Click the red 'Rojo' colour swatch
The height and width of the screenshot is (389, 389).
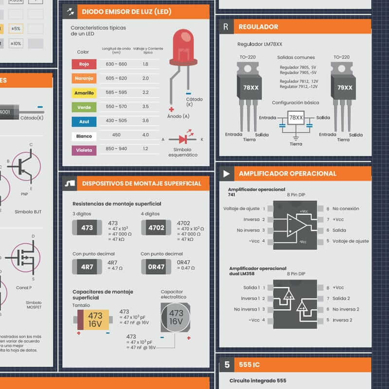pyautogui.click(x=84, y=64)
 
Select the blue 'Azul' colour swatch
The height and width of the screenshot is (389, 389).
pyautogui.click(x=84, y=122)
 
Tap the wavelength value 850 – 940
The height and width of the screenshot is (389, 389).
pyautogui.click(x=116, y=149)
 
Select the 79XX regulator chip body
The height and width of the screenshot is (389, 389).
pyautogui.click(x=345, y=88)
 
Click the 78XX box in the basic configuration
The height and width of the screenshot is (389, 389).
pyautogui.click(x=296, y=118)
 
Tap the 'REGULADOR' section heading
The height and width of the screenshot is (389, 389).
pyautogui.click(x=258, y=27)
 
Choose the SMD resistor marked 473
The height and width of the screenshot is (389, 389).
pyautogui.click(x=87, y=228)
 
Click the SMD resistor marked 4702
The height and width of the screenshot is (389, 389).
pyautogui.click(x=156, y=228)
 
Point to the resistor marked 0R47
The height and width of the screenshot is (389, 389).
pyautogui.click(x=156, y=266)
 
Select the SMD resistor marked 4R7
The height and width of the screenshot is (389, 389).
pyautogui.click(x=87, y=266)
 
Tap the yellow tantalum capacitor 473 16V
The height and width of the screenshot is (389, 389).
pyautogui.click(x=95, y=319)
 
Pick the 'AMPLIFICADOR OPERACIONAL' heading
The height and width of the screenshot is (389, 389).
pyautogui.click(x=287, y=174)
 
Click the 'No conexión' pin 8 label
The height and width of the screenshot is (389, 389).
pyautogui.click(x=346, y=209)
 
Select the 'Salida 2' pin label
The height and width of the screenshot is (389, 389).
pyautogui.click(x=341, y=299)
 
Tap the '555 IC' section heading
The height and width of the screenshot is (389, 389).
pyautogui.click(x=249, y=365)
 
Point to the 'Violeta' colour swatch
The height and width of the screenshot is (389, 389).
pyautogui.click(x=84, y=150)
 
